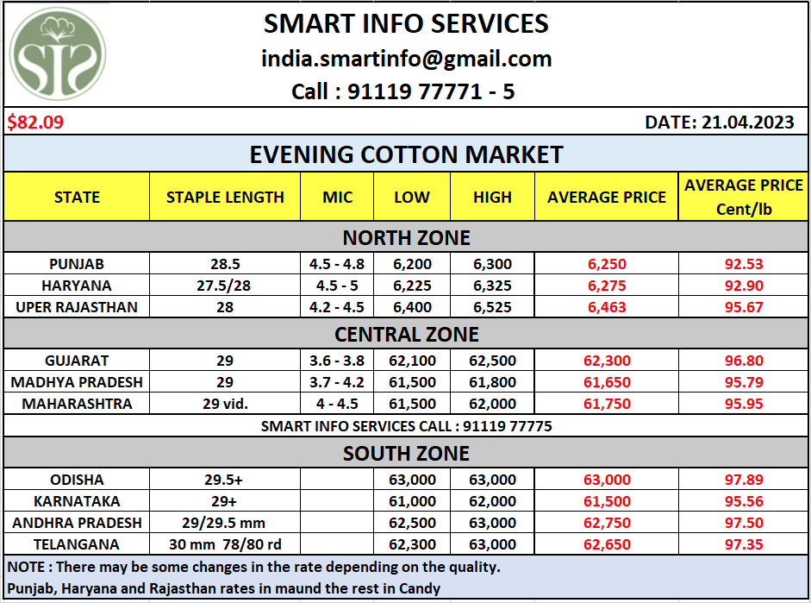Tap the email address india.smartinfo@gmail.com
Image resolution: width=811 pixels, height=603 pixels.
[x=406, y=59]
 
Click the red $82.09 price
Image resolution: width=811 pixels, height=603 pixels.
[x=35, y=122]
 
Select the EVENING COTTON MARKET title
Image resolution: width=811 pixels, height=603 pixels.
[x=406, y=154]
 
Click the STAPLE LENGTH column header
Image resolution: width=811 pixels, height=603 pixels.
[x=225, y=197]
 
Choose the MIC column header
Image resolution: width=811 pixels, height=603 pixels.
[x=337, y=197]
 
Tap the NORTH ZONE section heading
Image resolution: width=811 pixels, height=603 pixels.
[x=406, y=237]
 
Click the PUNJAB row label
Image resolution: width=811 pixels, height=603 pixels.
[x=76, y=264]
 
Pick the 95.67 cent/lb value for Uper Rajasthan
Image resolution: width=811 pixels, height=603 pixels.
[x=744, y=307]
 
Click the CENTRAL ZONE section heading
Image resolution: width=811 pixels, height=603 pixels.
[x=406, y=333]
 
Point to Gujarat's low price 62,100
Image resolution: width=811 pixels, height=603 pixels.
[x=412, y=361]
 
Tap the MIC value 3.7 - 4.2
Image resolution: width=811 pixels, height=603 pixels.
[x=337, y=382]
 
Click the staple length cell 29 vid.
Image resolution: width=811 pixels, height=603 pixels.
[x=225, y=404]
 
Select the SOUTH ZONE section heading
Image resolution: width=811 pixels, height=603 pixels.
[x=406, y=453]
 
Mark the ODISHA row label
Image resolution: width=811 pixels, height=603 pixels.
[x=76, y=480]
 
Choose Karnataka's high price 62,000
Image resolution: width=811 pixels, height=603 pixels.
[x=492, y=501]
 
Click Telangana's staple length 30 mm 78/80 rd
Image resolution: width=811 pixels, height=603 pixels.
[x=225, y=544]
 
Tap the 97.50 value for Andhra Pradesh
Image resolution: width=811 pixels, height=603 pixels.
[x=744, y=523]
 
